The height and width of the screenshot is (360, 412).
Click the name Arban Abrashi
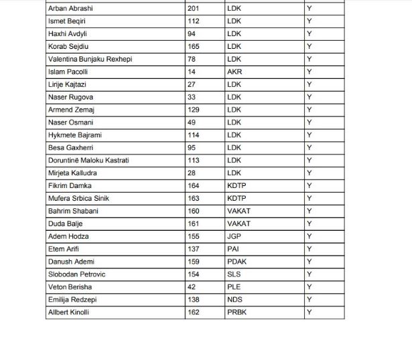click(x=71, y=9)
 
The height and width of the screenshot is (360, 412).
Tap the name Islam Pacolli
click(x=69, y=72)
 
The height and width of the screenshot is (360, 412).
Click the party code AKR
click(x=234, y=72)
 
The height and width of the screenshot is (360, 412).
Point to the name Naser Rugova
click(x=71, y=97)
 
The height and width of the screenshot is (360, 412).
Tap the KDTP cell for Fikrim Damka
click(x=236, y=185)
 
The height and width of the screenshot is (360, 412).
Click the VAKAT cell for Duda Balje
click(x=238, y=223)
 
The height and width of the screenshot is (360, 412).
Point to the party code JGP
click(x=234, y=236)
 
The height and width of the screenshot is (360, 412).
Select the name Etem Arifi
click(x=64, y=249)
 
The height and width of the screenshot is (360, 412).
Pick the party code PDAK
click(x=236, y=262)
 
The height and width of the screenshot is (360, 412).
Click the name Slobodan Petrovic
click(x=76, y=274)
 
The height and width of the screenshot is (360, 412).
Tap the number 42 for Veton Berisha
click(x=194, y=287)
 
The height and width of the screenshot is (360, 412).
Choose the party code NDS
click(x=234, y=300)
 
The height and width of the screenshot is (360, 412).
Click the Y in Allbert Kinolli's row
click(x=310, y=312)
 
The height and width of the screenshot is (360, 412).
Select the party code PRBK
click(x=236, y=312)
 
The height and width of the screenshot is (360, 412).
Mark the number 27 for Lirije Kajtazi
click(x=194, y=84)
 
